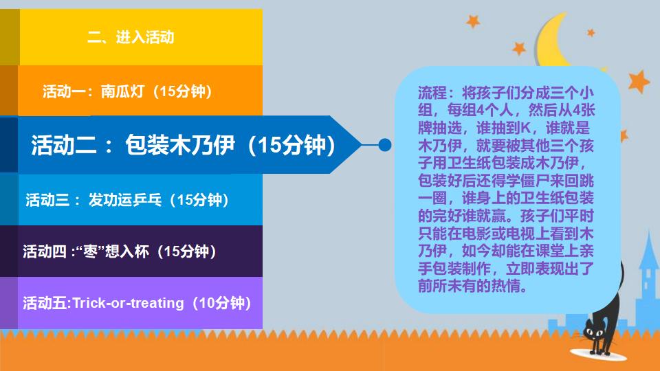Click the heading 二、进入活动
[131, 37]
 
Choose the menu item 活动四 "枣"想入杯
[120, 251]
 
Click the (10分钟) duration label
[221, 303]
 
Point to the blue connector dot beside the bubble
[385, 145]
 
